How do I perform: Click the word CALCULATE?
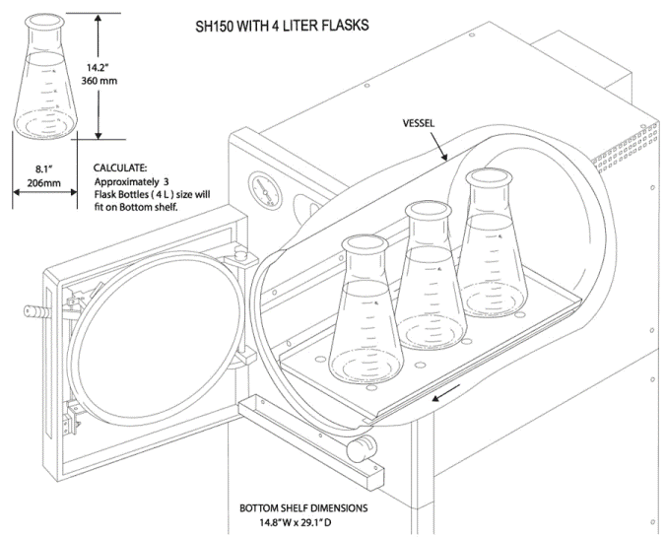click(121, 168)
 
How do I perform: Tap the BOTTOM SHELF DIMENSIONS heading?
click(305, 509)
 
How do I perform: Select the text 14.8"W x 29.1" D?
click(306, 523)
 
